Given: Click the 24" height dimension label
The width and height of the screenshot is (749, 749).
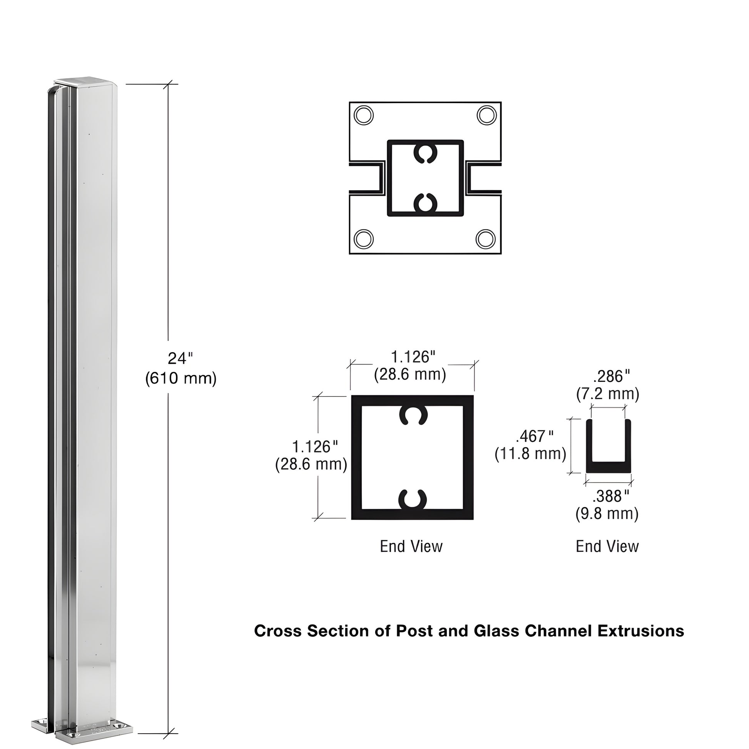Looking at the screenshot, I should coord(180,359).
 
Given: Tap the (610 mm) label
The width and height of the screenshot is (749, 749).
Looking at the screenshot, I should coord(181,378).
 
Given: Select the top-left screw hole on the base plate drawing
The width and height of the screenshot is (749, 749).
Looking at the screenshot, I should coord(364,115).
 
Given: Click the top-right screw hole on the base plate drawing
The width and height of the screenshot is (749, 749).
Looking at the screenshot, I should coord(486,115).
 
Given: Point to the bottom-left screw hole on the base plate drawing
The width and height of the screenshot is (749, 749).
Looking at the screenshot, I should coord(364,239).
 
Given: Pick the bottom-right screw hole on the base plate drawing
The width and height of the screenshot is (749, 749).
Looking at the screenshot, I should coord(485,239).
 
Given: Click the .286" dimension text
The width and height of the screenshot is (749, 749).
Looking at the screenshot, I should coord(611,376).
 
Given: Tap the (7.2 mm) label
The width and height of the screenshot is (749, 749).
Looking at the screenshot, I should coord(607,394).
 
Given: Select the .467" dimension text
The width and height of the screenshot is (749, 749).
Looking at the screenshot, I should coord(535,436).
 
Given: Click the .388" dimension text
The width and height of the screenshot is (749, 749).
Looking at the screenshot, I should coord(610,496).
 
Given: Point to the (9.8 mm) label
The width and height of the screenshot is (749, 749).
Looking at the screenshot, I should coord(607,514).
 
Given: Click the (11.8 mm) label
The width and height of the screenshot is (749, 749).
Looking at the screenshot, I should coord(530,453).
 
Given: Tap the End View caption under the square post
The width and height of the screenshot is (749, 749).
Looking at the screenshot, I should coord(411,547).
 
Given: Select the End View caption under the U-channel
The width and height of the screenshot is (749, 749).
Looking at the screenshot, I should coord(607,547).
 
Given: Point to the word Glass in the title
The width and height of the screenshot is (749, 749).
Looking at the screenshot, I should coord(496,631).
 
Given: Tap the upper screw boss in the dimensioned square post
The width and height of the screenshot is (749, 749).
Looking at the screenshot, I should coord(413,415).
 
